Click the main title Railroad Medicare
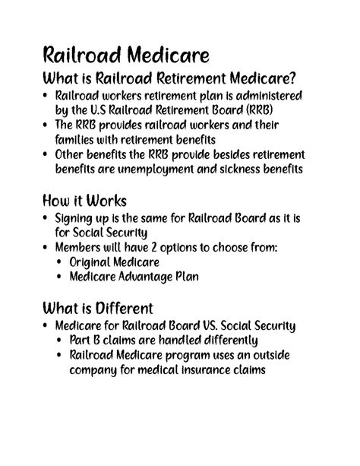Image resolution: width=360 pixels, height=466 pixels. [x=126, y=55]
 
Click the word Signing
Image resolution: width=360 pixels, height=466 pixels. [x=76, y=218]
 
